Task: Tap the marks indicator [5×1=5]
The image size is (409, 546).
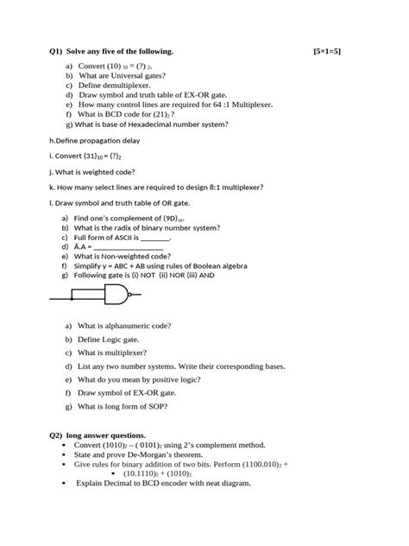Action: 328,52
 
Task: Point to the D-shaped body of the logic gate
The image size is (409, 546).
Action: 114,296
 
